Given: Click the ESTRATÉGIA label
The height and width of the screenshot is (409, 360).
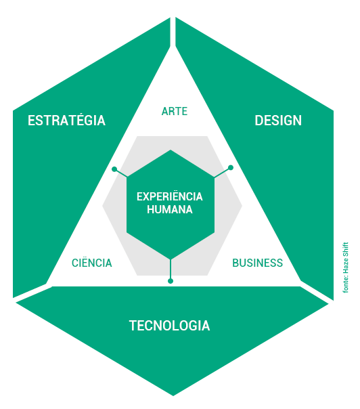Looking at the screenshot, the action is click(66, 121).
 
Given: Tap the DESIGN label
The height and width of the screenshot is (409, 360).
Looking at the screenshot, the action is click(278, 121).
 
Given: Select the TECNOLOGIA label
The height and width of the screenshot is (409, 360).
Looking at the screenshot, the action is click(169, 326).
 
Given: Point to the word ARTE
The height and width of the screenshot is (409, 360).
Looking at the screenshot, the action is click(175, 111).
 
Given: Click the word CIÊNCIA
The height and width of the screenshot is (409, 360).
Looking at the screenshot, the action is click(92, 263).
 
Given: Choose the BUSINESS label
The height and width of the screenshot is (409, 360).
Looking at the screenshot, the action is click(258, 263).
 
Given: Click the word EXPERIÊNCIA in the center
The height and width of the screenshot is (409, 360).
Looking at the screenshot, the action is click(170, 196).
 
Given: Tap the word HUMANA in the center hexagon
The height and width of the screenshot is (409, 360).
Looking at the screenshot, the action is click(170, 209).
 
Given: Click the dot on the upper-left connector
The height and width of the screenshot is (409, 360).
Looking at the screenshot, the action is click(114, 169).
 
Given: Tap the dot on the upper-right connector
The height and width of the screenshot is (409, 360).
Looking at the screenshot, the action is click(231, 168).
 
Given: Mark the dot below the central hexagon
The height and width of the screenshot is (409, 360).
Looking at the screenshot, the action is click(171, 281).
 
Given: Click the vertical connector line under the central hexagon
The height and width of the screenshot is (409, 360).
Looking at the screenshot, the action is click(171, 269).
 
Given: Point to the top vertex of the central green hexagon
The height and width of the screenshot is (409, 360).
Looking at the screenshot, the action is click(171, 150).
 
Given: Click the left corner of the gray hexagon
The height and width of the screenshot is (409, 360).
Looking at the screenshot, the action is click(102, 206).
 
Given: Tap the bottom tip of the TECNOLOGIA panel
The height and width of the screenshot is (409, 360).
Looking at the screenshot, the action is click(173, 395).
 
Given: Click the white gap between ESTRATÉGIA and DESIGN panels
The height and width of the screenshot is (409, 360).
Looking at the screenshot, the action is click(173, 32).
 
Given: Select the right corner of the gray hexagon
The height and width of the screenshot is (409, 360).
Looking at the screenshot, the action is click(242, 206).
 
